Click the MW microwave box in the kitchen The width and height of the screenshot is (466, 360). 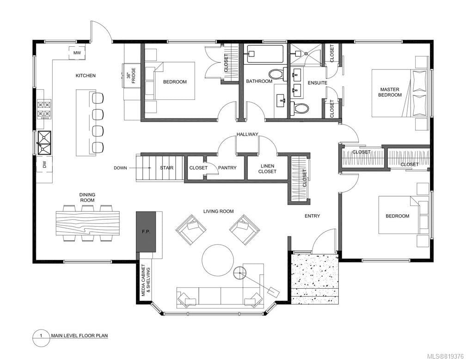(x=77, y=53)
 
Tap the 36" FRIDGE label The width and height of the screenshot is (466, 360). (x=131, y=75)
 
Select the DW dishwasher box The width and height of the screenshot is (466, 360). (x=44, y=164)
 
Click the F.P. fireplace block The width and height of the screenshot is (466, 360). (x=146, y=231)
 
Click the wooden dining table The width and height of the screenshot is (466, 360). (x=88, y=223)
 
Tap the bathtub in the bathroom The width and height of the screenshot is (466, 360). (x=265, y=54)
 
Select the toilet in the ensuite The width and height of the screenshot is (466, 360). (x=300, y=108)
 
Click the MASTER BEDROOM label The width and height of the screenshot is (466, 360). (x=390, y=92)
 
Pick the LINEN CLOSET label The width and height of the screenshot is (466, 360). (x=267, y=169)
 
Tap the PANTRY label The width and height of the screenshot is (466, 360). (x=227, y=168)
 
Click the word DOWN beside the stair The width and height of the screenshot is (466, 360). (x=120, y=168)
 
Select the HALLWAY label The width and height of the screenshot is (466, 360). (x=247, y=134)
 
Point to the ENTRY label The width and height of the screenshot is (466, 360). (x=312, y=216)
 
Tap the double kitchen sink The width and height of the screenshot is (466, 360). (x=44, y=143)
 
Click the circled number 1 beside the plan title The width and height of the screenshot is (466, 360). (x=41, y=336)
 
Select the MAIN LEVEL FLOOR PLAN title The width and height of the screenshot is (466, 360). (x=80, y=335)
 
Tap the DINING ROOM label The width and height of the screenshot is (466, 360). (x=87, y=197)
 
